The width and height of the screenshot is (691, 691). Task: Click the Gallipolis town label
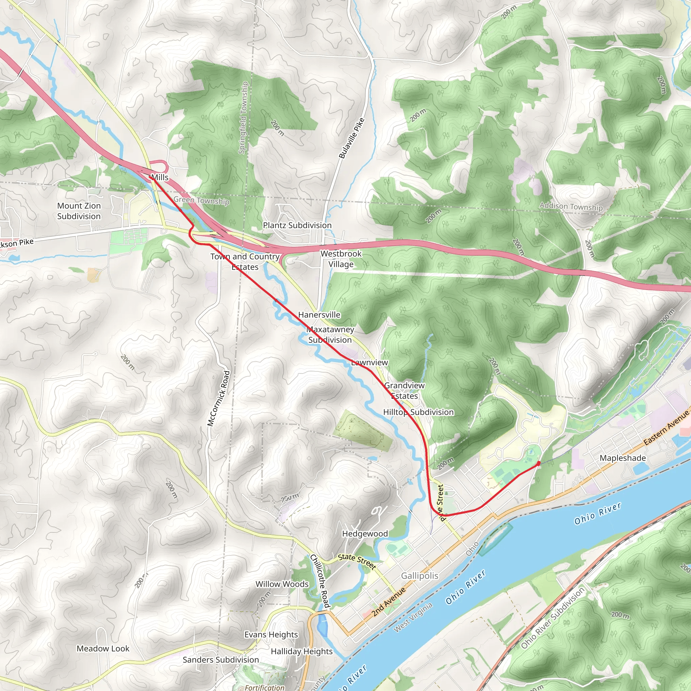click(x=419, y=576)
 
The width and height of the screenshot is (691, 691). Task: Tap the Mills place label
click(x=160, y=177)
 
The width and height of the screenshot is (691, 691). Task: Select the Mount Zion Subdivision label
click(x=79, y=211)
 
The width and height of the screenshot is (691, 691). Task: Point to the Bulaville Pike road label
click(x=352, y=138)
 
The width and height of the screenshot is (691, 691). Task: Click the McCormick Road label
click(x=219, y=398)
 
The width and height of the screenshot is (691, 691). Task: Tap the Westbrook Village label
click(x=341, y=258)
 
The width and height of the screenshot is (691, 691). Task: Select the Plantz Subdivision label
click(x=297, y=225)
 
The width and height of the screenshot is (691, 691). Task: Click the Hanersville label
click(x=319, y=315)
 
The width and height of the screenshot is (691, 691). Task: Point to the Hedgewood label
click(x=365, y=534)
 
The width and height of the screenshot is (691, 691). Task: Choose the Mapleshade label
click(x=623, y=458)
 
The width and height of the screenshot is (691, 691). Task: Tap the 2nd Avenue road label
click(x=388, y=602)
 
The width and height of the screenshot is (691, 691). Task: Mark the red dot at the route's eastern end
click(x=538, y=463)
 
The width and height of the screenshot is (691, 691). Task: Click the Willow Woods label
click(x=282, y=584)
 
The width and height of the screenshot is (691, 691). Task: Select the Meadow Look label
click(x=103, y=648)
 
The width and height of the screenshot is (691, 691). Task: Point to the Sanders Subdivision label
click(x=221, y=660)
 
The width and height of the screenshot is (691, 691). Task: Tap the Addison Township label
click(x=571, y=206)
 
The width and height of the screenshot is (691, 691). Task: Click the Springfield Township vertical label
click(x=243, y=118)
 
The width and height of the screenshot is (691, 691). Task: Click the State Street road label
click(x=357, y=561)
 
